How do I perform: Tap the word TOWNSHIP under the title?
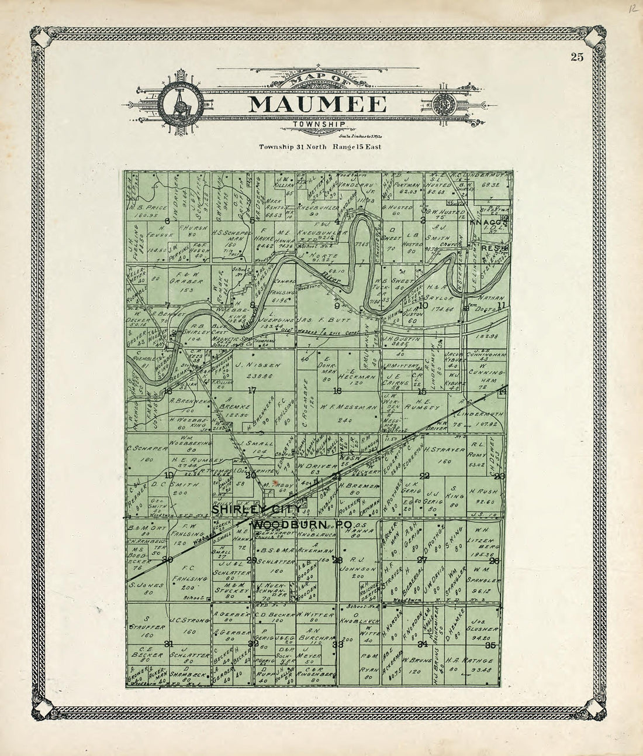319,125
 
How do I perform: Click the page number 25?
577,57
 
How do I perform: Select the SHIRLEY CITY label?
246,510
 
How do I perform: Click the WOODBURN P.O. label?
302,525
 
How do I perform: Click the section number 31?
169,644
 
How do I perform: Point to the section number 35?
491,645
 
